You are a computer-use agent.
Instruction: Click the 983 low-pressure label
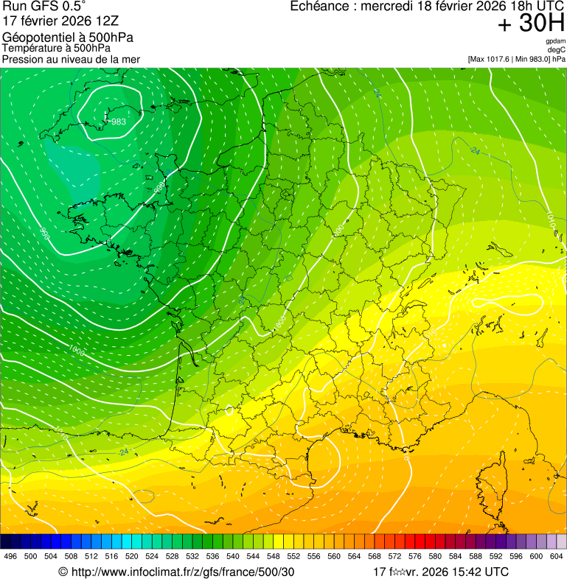(118, 122)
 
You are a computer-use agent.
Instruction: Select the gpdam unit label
(555, 41)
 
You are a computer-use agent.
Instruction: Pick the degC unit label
(557, 50)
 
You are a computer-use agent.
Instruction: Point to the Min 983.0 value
(531, 59)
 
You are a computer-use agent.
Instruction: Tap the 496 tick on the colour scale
(10, 556)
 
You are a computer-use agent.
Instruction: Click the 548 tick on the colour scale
(273, 556)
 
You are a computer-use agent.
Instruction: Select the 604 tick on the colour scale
(556, 556)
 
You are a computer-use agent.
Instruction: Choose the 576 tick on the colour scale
(414, 556)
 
